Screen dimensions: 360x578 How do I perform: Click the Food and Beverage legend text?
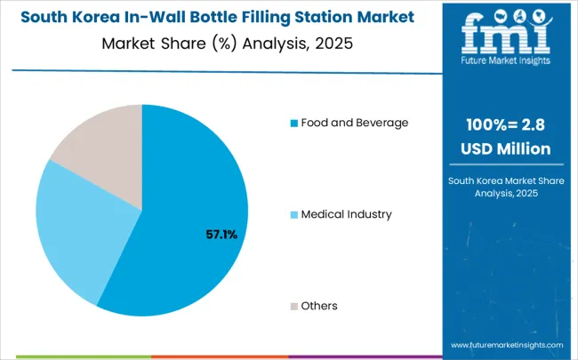354,123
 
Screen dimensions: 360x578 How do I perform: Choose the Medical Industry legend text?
346,214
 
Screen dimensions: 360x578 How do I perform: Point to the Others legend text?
319,306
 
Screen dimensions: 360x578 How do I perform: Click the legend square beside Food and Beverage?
293,123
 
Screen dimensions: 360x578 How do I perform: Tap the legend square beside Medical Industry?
293,214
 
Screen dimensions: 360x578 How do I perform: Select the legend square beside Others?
293,306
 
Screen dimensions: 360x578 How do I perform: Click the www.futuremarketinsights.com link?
507,344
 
